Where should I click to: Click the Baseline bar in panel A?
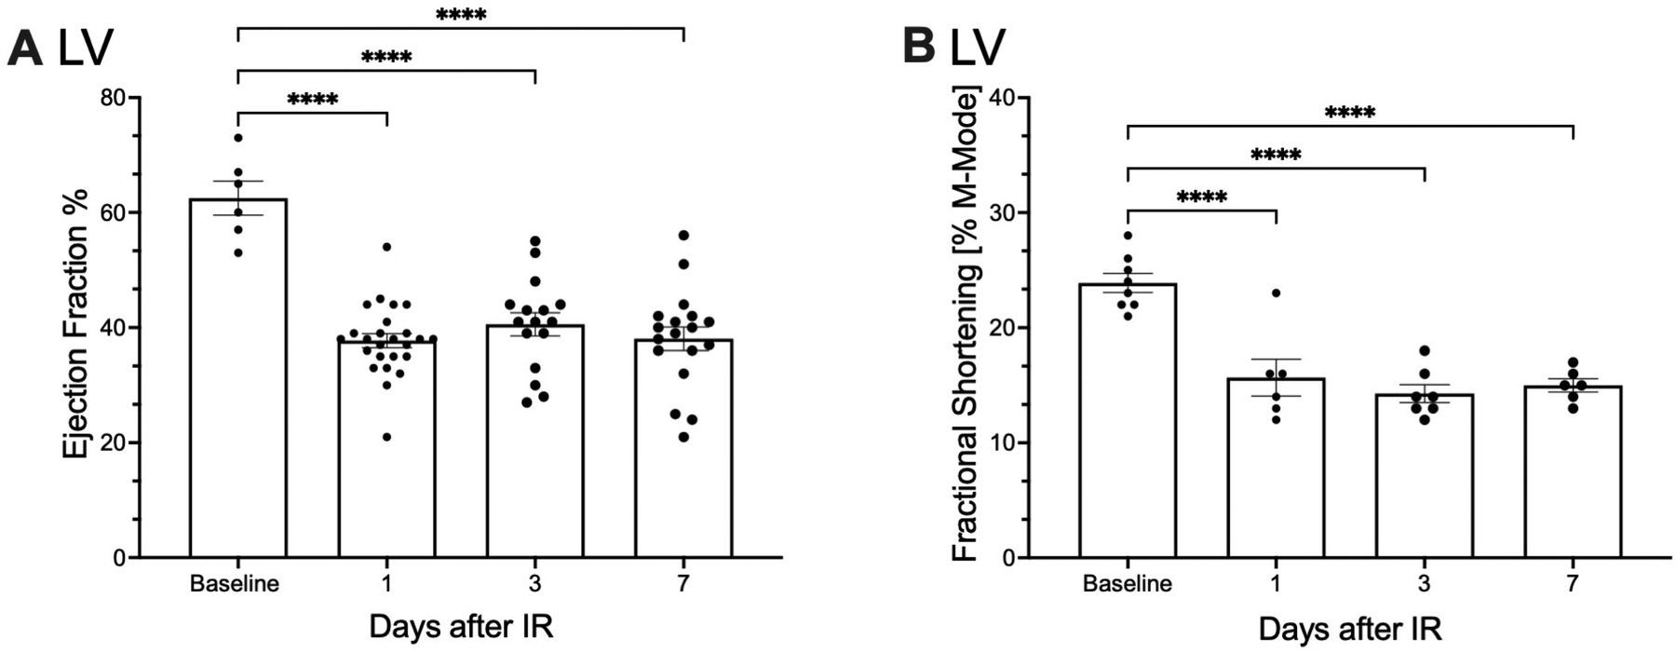click(237, 419)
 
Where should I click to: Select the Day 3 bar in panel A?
click(535, 466)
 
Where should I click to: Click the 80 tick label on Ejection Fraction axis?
click(116, 97)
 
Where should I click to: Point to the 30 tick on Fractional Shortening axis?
click(1007, 212)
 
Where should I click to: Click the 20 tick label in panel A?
click(116, 442)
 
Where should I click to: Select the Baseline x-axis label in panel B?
click(1127, 585)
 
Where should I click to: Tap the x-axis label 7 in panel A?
click(683, 585)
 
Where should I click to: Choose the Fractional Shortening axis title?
click(966, 326)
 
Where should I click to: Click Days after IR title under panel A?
click(461, 627)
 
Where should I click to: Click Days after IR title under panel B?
click(1350, 629)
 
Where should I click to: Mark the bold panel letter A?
click(24, 48)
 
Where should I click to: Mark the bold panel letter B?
click(919, 47)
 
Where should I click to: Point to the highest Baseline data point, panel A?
click(237, 138)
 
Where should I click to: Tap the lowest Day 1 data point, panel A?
click(386, 437)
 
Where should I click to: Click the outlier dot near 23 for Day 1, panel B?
click(1276, 293)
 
